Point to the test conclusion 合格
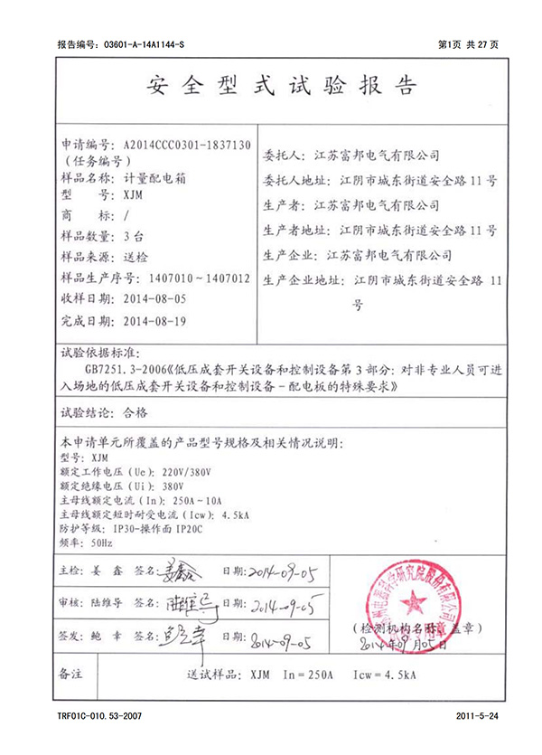pyautogui.click(x=134, y=411)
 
